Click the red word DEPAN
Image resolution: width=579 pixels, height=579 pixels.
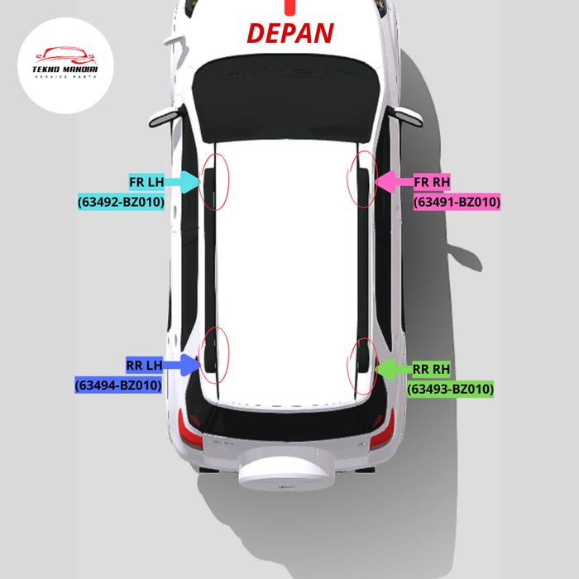click(291, 33)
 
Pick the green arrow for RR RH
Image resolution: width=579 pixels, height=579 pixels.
click(392, 369)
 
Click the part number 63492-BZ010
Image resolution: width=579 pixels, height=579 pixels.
click(121, 201)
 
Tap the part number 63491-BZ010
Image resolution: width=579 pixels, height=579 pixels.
click(457, 201)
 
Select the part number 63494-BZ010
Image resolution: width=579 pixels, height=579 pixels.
click(117, 385)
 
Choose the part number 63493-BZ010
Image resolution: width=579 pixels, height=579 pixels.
click(451, 389)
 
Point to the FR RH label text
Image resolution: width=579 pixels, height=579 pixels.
click(431, 182)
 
